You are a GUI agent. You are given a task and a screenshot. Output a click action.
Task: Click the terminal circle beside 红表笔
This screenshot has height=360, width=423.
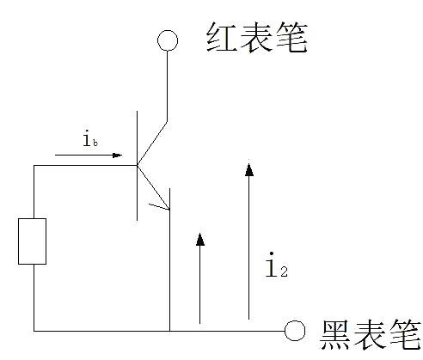[167, 40]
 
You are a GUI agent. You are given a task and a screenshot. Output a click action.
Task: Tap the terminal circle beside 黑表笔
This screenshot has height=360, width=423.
[295, 330]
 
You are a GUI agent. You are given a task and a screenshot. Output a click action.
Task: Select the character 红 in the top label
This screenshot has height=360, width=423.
[220, 37]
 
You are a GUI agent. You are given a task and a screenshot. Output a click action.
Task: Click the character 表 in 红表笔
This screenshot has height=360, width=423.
[256, 37]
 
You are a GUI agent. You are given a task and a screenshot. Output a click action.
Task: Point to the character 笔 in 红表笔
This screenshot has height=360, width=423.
[291, 37]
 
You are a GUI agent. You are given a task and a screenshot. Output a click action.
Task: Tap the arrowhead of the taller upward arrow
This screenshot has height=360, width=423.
[249, 168]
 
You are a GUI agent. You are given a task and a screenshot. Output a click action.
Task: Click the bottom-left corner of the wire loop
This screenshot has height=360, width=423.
[34, 330]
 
